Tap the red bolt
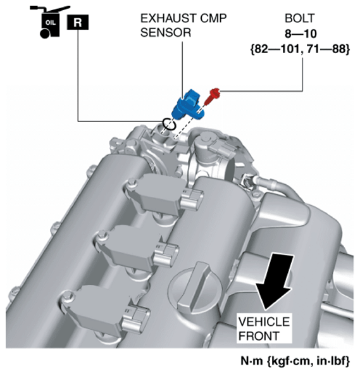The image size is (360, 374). click(x=213, y=96)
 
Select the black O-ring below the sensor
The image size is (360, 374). click(x=170, y=124)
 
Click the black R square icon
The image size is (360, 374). click(x=78, y=22)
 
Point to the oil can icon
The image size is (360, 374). click(x=49, y=22)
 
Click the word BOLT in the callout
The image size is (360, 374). click(x=300, y=18)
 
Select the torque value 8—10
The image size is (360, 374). click(x=301, y=34)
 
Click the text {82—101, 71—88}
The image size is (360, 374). click(x=300, y=49)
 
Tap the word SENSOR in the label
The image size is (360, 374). click(x=166, y=33)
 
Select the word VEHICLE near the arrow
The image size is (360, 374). click(x=264, y=322)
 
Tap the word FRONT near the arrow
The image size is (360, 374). click(x=259, y=336)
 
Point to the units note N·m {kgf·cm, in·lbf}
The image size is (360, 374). click(x=295, y=361)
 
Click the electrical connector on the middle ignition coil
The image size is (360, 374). click(x=166, y=255)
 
